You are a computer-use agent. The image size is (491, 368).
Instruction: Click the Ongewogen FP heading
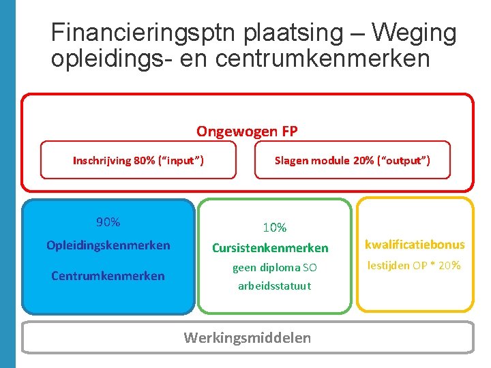click(247, 131)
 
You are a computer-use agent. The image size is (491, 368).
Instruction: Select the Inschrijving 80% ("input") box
click(138, 160)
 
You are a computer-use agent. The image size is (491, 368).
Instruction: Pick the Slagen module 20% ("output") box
click(352, 160)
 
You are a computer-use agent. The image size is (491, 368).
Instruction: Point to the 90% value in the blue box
click(108, 222)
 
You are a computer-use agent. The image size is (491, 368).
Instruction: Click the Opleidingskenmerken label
click(108, 245)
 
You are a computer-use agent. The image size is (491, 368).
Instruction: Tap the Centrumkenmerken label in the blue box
click(108, 276)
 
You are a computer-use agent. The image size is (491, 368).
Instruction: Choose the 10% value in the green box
click(275, 228)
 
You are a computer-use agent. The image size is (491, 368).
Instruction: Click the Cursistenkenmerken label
click(270, 249)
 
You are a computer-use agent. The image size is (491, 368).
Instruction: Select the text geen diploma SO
click(274, 268)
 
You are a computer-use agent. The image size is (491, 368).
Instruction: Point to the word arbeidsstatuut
click(274, 286)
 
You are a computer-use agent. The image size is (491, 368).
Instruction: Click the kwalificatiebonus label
click(415, 245)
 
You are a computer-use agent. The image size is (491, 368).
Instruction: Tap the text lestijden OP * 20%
click(415, 266)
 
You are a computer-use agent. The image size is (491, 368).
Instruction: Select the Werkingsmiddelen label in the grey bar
click(247, 338)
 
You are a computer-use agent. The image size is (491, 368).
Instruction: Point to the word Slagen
click(292, 160)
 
